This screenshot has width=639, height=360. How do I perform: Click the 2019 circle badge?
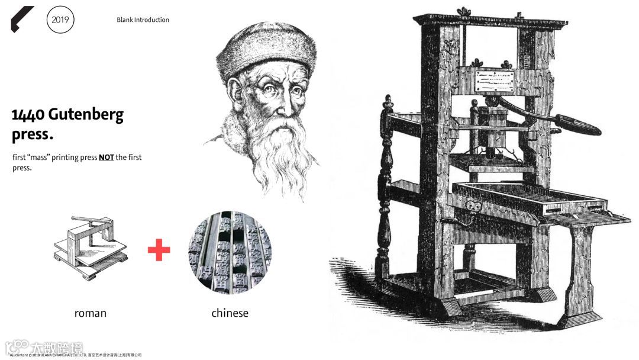60,20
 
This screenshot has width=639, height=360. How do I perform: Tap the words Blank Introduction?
143,20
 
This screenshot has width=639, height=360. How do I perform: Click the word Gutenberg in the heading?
86,114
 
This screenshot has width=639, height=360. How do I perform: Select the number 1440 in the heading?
28,114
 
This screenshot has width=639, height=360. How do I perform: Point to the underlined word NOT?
106,157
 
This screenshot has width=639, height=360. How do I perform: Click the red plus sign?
159,250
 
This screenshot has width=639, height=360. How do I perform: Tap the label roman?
91,313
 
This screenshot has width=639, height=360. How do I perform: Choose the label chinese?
230,313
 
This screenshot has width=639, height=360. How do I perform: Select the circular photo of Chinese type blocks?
230,252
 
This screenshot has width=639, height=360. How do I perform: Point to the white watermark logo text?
44,348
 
